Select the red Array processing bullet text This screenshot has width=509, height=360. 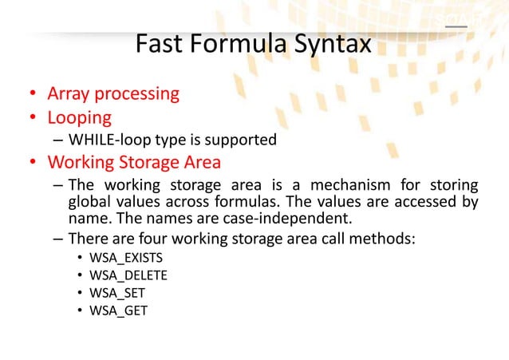tap(113, 94)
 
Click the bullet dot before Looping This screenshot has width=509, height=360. tap(33, 118)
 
